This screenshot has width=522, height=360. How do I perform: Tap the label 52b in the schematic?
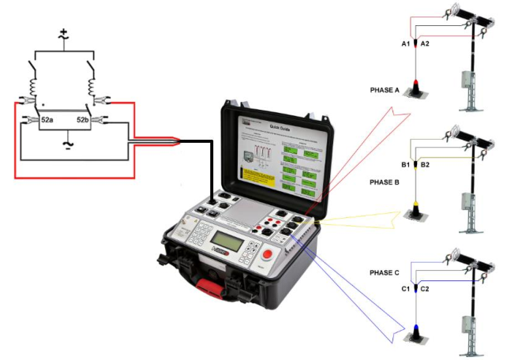click(x=82, y=119)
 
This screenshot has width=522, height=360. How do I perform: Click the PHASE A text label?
click(x=385, y=89)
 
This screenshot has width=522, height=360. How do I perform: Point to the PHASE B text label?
click(x=385, y=182)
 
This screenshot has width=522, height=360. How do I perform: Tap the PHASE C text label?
click(x=385, y=272)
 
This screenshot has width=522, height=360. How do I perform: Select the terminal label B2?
click(x=425, y=164)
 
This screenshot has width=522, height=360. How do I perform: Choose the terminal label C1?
click(x=406, y=290)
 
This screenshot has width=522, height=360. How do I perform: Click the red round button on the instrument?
click(x=267, y=254)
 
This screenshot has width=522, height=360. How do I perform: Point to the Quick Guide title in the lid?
click(x=281, y=126)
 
